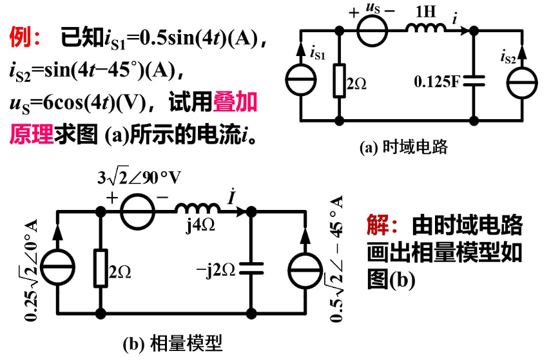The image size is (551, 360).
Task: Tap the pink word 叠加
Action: [x=240, y=102]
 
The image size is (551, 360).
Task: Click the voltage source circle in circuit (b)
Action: [x=137, y=212]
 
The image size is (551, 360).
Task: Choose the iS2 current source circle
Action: [x=519, y=81]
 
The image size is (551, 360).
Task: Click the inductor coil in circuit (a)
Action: [x=425, y=28]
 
